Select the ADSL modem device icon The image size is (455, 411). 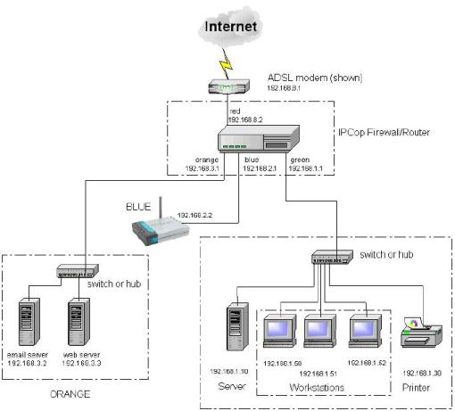227,87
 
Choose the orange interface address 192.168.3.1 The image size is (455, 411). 202,168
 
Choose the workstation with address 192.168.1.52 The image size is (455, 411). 367,332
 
